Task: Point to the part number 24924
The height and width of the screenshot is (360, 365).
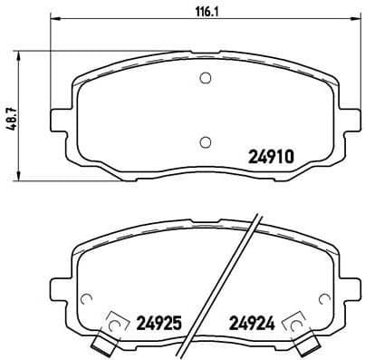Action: (x=251, y=320)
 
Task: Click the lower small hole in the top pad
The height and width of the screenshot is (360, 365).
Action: (x=205, y=141)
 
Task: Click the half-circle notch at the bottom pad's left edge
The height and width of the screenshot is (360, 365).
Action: (x=87, y=299)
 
